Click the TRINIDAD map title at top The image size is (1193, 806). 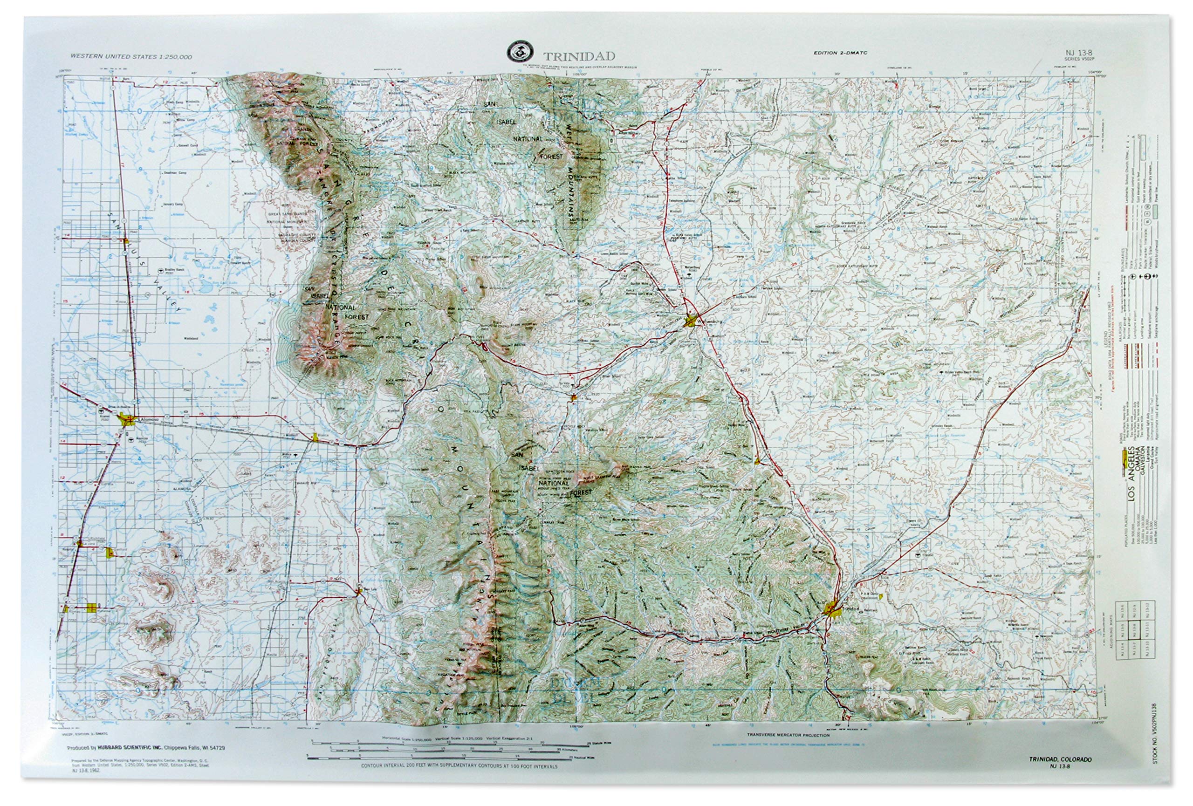[x=579, y=56]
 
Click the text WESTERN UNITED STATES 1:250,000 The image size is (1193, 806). [x=131, y=57]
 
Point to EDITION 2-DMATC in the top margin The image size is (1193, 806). [x=840, y=53]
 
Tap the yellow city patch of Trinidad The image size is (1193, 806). [x=832, y=609]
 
